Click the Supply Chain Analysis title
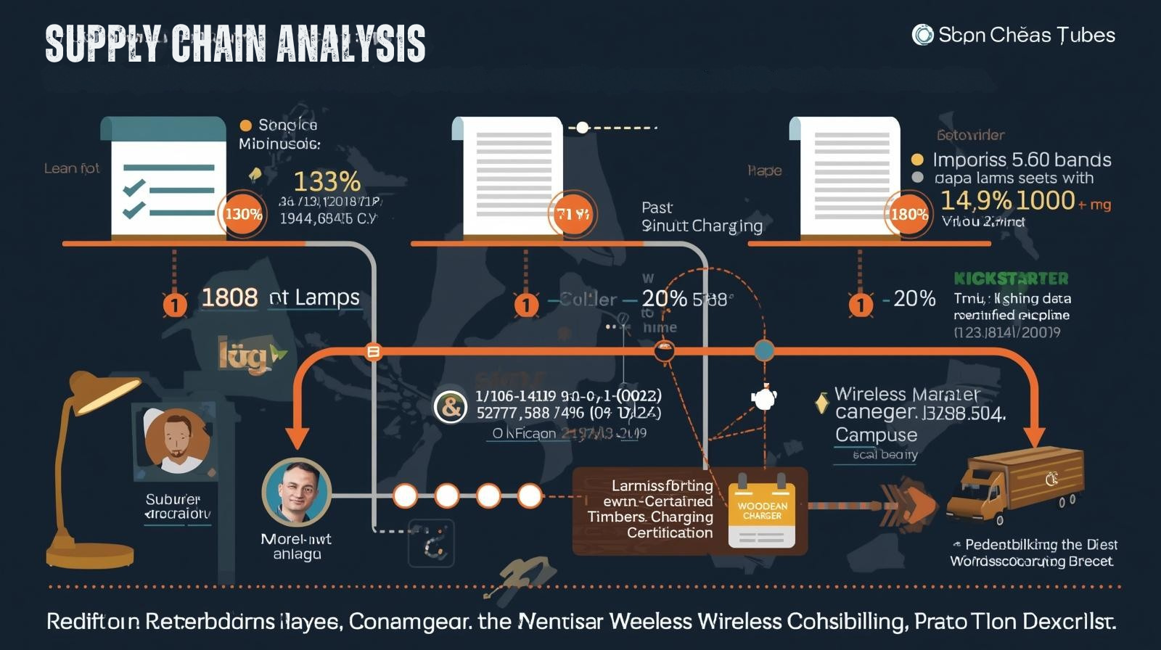235,44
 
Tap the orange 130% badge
243,214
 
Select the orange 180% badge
908,214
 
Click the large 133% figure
327,181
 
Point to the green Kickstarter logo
1010,279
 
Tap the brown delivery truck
1016,482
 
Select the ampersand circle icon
450,407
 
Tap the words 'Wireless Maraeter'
906,395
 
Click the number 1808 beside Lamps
229,297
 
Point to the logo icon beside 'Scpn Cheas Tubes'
922,35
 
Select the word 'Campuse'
876,435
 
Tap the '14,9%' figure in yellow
975,200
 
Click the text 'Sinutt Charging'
702,226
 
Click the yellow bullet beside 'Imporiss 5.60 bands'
917,160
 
